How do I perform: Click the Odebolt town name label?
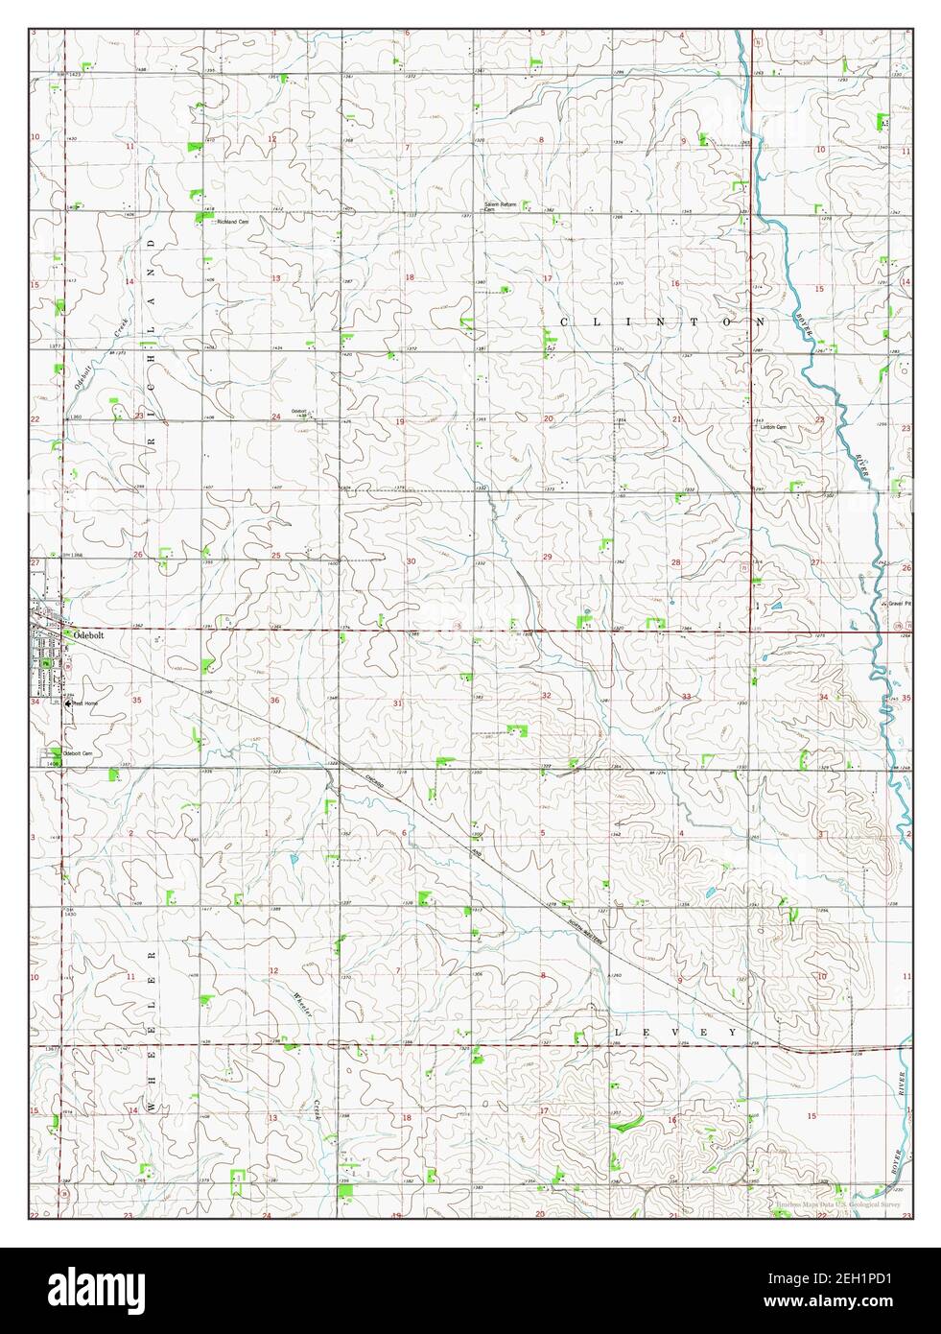(82, 634)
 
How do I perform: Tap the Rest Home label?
(85, 703)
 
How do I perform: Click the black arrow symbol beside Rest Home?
(66, 703)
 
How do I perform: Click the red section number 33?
(686, 696)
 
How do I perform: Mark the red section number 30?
(411, 560)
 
